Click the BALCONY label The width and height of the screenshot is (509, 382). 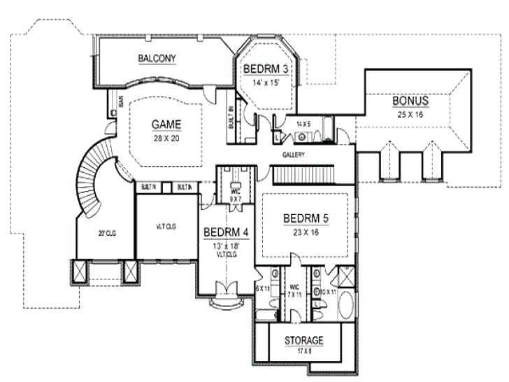click(x=157, y=58)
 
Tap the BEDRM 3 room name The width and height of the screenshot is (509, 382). click(x=267, y=69)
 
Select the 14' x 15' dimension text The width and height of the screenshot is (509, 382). click(x=267, y=82)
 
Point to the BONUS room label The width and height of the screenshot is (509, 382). click(x=410, y=100)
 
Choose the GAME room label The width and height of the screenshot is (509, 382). click(x=166, y=125)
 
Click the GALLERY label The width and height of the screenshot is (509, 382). click(x=293, y=155)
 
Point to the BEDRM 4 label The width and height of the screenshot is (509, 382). click(x=223, y=232)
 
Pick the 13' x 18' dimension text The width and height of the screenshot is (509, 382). click(x=223, y=246)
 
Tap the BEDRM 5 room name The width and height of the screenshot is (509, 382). click(x=306, y=218)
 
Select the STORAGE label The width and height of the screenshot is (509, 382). click(x=304, y=341)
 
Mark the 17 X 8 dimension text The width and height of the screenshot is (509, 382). click(x=304, y=352)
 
